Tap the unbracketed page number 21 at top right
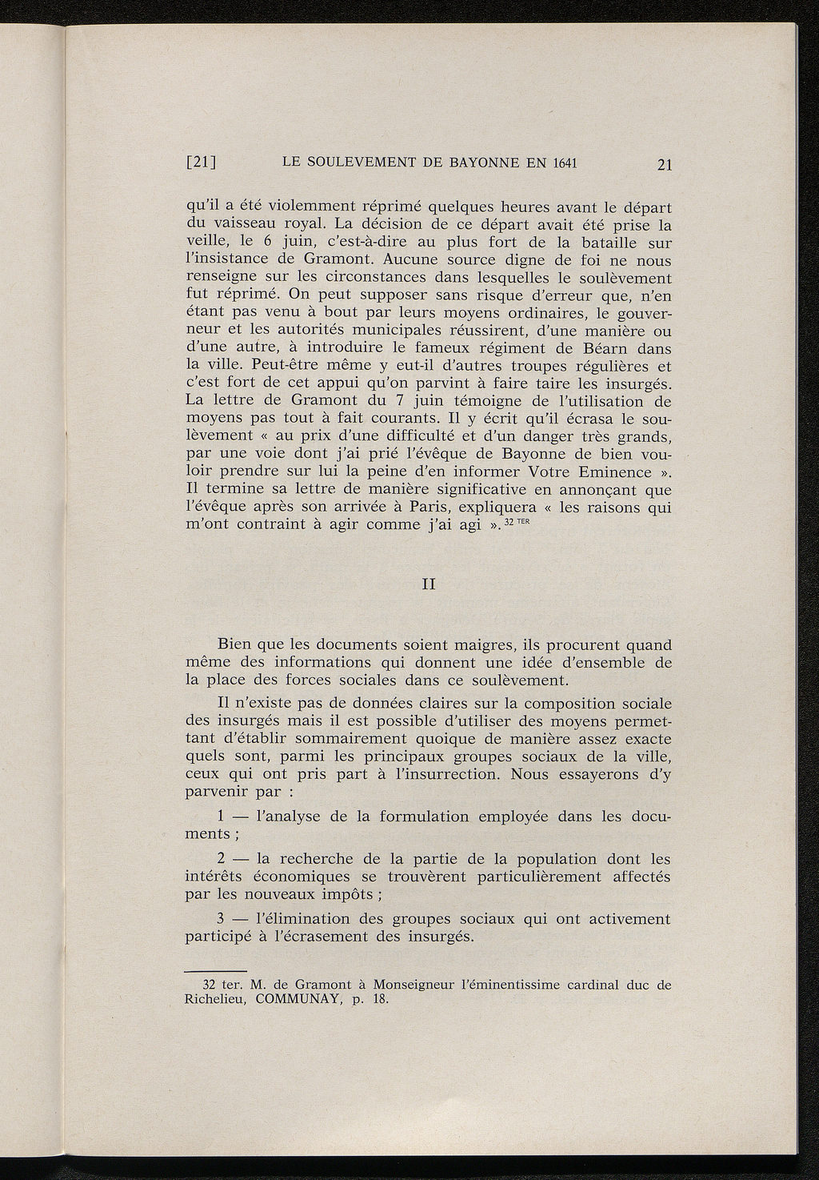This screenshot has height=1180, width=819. tap(663, 165)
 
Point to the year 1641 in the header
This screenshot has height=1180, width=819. tap(562, 163)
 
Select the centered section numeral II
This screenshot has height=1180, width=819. tap(428, 584)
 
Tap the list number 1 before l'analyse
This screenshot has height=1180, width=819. tap(222, 817)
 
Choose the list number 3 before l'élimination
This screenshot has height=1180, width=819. tap(222, 919)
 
